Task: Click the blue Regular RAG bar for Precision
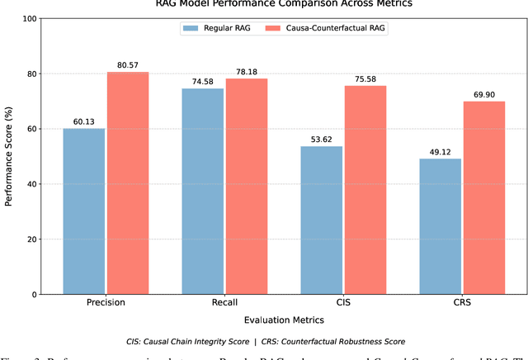click(x=84, y=211)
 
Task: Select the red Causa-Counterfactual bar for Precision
click(x=128, y=182)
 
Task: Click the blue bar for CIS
click(x=321, y=220)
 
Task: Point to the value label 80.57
click(x=128, y=64)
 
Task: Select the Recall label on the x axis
click(x=224, y=303)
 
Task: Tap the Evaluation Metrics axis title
click(x=284, y=320)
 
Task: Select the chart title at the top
click(x=284, y=4)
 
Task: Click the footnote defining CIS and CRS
click(x=284, y=341)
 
